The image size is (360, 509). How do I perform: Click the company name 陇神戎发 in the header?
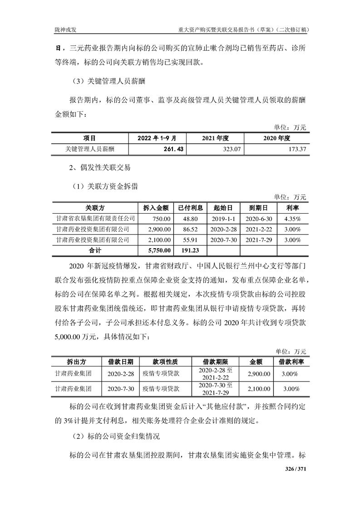click(64, 30)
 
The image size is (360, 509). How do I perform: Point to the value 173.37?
click(296, 148)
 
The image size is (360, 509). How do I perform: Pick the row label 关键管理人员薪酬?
click(89, 148)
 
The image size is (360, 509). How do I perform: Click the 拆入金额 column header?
click(156, 208)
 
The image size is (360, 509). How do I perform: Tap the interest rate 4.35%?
click(292, 218)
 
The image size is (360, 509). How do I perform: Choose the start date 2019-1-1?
click(222, 218)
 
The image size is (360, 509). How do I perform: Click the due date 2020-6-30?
click(258, 218)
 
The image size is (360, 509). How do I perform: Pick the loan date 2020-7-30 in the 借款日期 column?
click(121, 389)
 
